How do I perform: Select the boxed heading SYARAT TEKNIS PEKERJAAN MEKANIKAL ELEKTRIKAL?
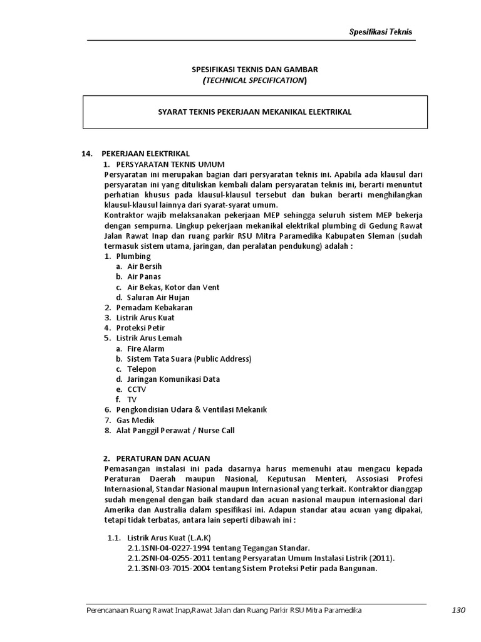pos(254,112)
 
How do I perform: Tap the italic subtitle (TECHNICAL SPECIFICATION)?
pos(254,80)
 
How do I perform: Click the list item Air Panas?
pos(144,276)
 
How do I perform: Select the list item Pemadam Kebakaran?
pos(154,307)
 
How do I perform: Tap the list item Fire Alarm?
pos(146,349)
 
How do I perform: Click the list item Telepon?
pos(142,369)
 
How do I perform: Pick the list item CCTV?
pos(137,389)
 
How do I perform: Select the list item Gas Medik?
pos(135,420)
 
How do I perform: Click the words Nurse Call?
pos(217,430)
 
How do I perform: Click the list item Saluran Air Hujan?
pos(158,297)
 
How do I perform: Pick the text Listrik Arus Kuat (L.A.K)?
pos(169,537)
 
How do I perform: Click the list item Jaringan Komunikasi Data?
pos(173,379)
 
